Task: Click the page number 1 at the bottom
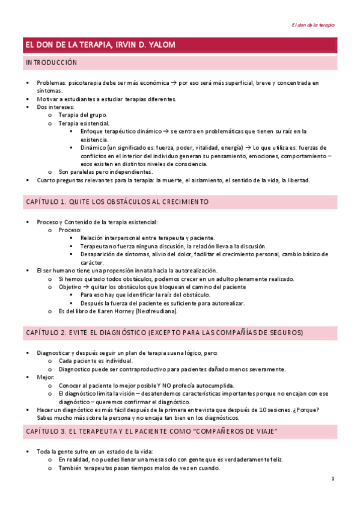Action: pyautogui.click(x=332, y=479)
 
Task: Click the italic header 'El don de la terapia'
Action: pyautogui.click(x=313, y=25)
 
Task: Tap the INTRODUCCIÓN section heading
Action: pyautogui.click(x=51, y=63)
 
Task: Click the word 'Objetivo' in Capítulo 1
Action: pyautogui.click(x=71, y=287)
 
